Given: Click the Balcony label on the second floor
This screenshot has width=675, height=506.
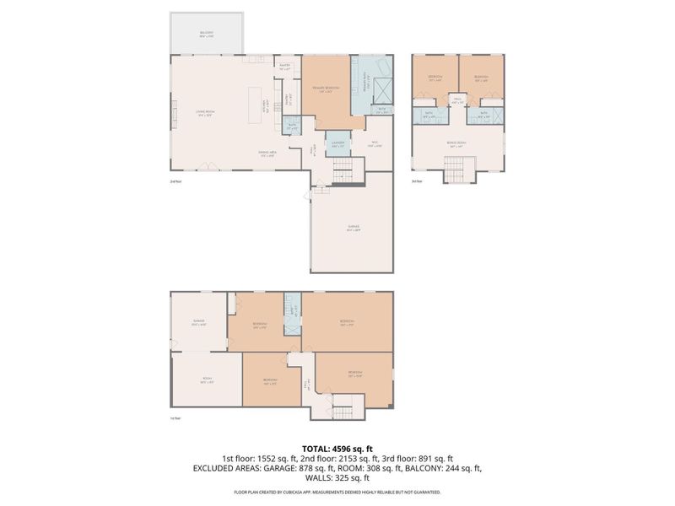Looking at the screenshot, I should pos(207,35).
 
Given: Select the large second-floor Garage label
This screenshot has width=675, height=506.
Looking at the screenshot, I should pos(353,227).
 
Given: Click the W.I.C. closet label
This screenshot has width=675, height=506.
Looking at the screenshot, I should pos(377,143).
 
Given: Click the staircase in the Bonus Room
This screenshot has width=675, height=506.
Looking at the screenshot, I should pos(456,171).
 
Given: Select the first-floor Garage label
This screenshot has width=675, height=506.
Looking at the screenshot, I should pos(198,322).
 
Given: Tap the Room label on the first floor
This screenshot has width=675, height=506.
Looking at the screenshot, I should pos(206,380).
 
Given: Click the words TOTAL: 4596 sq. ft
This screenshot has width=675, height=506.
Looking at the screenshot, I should pos(337,448).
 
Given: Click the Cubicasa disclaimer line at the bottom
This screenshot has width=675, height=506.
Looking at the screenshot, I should pos(337,492).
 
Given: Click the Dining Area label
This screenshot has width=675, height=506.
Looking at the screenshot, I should pos(267,153).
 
